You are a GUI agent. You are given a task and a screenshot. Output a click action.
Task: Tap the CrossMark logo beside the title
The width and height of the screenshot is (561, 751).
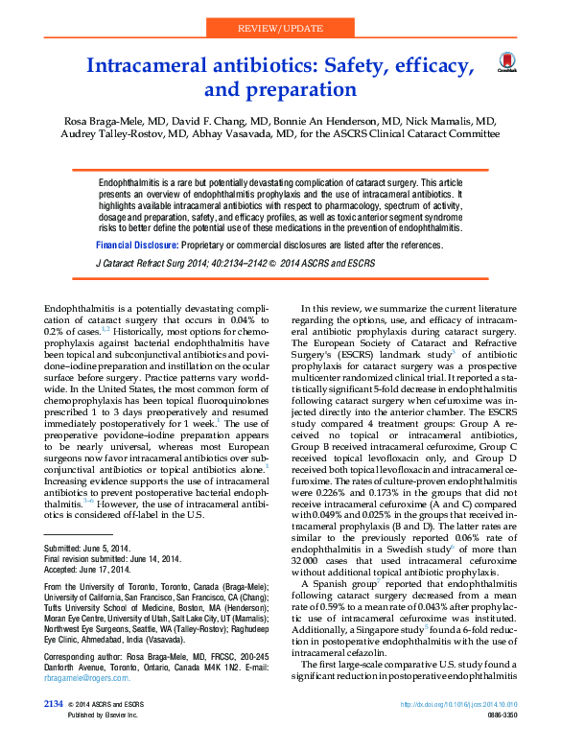(505, 65)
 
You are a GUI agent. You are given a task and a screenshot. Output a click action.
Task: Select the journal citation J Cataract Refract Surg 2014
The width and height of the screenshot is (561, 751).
(163, 261)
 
